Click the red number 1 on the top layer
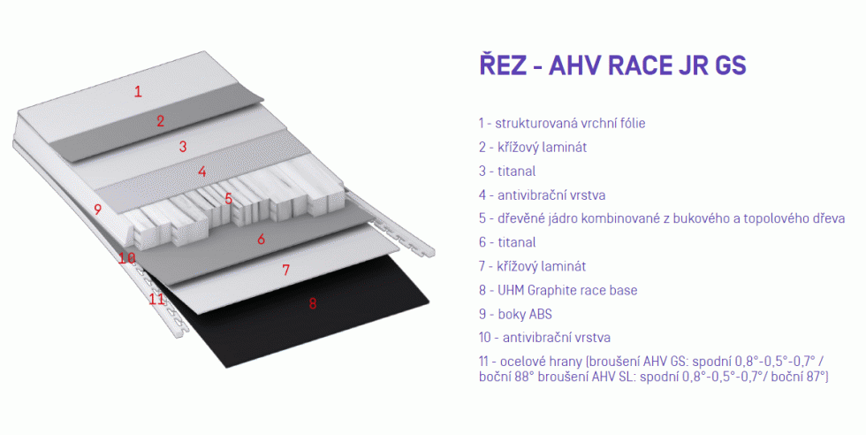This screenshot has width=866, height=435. tap(138, 91)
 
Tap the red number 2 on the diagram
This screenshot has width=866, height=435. tap(160, 121)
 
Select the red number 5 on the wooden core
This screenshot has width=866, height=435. tap(228, 198)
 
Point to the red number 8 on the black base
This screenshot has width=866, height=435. tap(313, 303)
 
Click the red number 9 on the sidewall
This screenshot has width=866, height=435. tap(98, 210)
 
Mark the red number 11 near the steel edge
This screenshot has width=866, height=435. tap(157, 299)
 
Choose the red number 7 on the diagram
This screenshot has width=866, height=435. tap(285, 270)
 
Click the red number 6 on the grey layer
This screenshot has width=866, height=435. tap(262, 239)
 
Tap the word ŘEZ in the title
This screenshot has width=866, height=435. tap(502, 64)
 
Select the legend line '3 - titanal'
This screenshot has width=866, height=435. tap(507, 172)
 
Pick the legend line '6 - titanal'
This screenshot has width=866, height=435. tap(507, 242)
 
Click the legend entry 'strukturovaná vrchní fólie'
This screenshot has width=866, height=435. tap(570, 123)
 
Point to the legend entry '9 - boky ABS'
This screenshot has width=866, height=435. tap(515, 314)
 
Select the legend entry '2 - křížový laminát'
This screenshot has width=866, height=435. tap(532, 148)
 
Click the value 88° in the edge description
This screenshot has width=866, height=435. tap(524, 377)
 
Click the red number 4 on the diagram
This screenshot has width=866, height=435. tap(202, 172)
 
